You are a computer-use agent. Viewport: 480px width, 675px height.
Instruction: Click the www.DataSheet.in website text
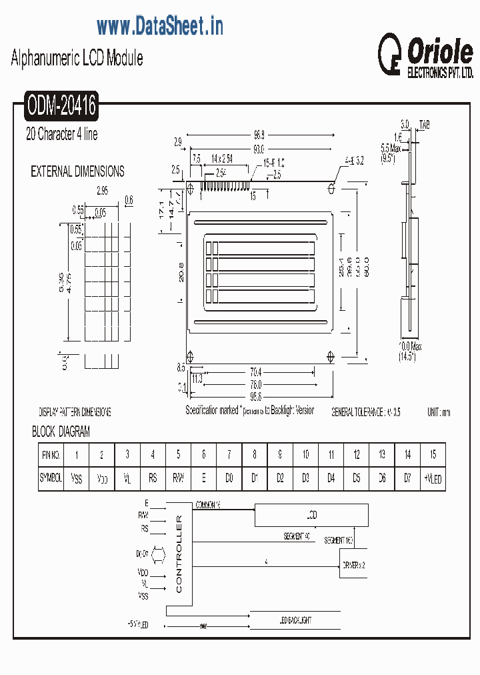pos(159,26)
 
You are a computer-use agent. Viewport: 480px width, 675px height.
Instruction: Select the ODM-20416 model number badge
pos(61,105)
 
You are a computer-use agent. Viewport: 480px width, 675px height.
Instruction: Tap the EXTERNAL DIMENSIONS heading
pos(77,171)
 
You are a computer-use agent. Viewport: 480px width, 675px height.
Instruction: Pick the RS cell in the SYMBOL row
pos(153,478)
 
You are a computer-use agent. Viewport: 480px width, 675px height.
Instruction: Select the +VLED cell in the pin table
pos(433,479)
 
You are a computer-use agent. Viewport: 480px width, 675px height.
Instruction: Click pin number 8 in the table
pos(255,455)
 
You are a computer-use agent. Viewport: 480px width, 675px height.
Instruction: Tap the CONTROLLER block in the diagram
pos(179,554)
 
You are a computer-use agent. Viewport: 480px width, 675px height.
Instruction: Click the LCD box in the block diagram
pos(311,516)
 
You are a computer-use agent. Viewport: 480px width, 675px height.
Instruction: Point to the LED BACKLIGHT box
pos(295,620)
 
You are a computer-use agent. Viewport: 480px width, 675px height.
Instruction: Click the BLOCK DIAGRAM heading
pos(61,432)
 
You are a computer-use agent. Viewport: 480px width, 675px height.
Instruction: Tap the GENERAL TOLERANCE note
pos(366,413)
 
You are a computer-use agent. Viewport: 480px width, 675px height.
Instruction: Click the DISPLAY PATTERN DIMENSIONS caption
pos(75,412)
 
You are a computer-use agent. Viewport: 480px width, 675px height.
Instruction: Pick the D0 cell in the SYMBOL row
pos(229,478)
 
